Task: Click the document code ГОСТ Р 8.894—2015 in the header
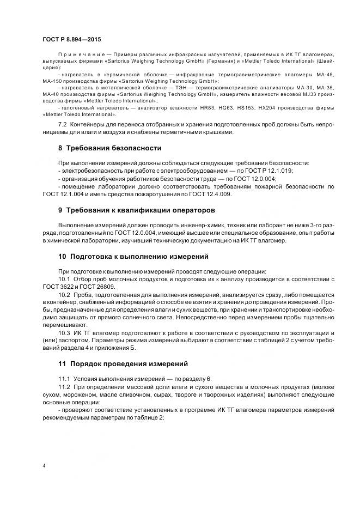click(x=71, y=39)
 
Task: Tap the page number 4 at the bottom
click(x=44, y=466)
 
